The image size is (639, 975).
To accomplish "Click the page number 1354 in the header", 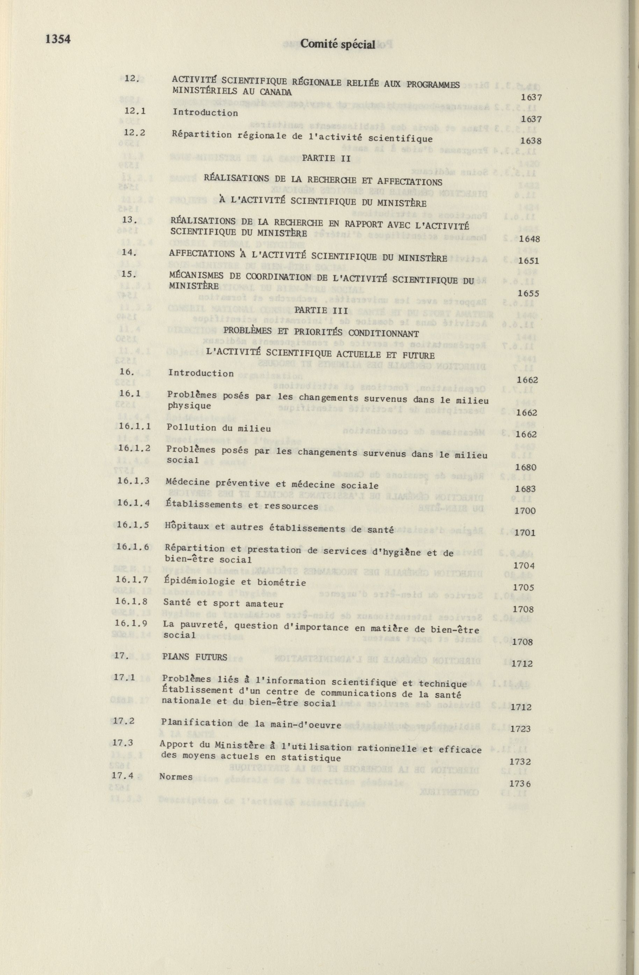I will tap(58, 40).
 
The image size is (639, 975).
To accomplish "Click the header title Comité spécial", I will tap(338, 44).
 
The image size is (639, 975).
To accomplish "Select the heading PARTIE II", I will tap(326, 158).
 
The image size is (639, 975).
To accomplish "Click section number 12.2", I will tap(135, 133).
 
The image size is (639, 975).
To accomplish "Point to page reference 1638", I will tap(530, 141).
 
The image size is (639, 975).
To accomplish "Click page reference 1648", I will tap(529, 239).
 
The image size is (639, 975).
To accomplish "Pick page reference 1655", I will tap(528, 293).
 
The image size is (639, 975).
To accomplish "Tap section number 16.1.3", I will tap(133, 481).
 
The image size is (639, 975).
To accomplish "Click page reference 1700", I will tap(525, 511).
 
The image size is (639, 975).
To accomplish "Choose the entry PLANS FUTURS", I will tap(194, 658).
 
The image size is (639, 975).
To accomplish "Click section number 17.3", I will tap(123, 743).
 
